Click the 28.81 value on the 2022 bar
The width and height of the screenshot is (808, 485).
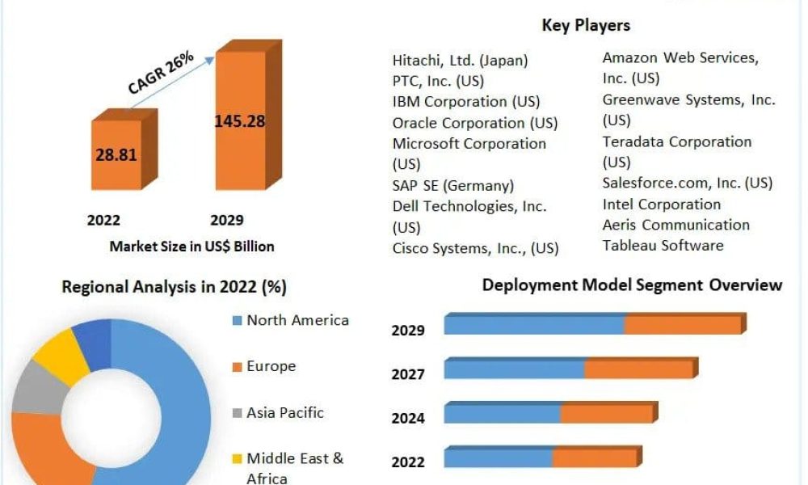click(x=116, y=154)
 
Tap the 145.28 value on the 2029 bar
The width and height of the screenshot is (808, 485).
click(x=240, y=121)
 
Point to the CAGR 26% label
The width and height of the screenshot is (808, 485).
click(x=160, y=73)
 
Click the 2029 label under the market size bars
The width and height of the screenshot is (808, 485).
click(x=227, y=220)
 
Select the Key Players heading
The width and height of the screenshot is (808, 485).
click(x=586, y=25)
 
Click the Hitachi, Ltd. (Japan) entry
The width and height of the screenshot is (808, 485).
click(x=461, y=61)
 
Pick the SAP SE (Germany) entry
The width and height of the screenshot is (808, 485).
click(x=453, y=185)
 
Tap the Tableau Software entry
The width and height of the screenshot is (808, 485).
click(x=663, y=246)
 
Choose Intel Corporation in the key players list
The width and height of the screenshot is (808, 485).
click(x=662, y=204)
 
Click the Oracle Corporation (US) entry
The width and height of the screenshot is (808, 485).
click(x=475, y=123)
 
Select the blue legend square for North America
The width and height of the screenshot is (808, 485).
click(x=237, y=321)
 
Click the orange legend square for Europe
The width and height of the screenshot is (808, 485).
click(x=237, y=367)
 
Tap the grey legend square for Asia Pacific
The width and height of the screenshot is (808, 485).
click(x=237, y=413)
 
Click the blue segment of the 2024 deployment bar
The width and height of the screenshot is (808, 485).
click(x=503, y=413)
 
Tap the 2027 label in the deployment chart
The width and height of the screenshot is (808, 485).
click(x=408, y=374)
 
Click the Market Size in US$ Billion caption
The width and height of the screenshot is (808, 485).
click(x=191, y=247)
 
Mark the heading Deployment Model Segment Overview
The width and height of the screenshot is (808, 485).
click(x=633, y=285)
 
